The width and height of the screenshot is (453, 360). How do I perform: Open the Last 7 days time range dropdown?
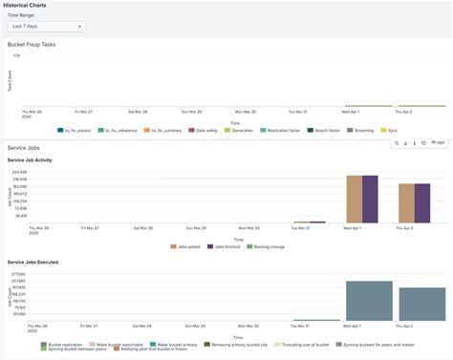(46, 27)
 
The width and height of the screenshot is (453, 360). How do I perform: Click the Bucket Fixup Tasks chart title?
(36, 45)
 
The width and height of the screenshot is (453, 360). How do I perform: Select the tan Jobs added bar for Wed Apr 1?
(354, 199)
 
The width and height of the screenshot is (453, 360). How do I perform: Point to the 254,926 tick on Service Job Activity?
(18, 172)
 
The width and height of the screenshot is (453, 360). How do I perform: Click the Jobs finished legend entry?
(227, 246)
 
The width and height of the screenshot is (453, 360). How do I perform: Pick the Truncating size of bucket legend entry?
(304, 344)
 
